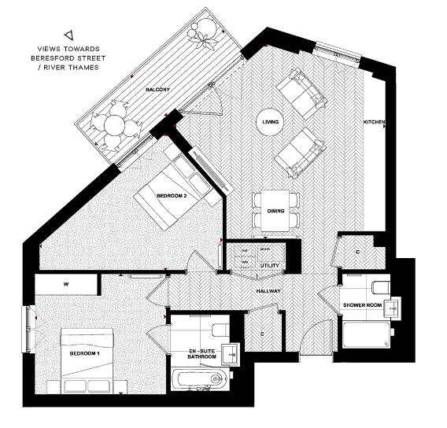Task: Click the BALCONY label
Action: coord(158,90)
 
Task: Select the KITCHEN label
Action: coord(373,123)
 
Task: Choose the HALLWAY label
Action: coord(268,292)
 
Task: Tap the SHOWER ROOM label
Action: coord(361,304)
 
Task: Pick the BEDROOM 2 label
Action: coord(171,195)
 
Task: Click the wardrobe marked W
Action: coord(66,283)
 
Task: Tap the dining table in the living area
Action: coord(275,202)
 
